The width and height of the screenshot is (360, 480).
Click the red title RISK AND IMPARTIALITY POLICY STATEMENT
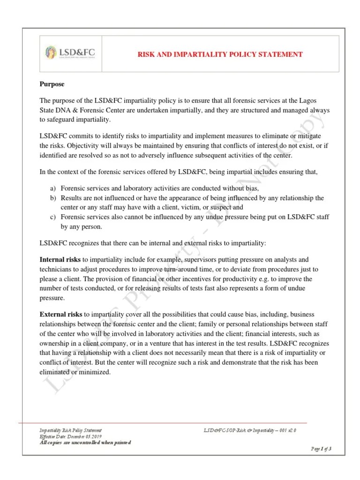(x=219, y=55)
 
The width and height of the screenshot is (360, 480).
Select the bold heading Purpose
(x=52, y=84)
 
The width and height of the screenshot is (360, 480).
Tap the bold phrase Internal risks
(x=60, y=259)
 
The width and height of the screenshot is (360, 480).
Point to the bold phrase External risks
(x=61, y=314)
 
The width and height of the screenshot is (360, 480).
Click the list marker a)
(x=53, y=188)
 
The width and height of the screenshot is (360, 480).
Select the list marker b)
(x=53, y=198)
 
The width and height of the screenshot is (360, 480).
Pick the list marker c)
(x=53, y=217)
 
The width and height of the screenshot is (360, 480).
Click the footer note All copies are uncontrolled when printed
(x=85, y=442)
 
